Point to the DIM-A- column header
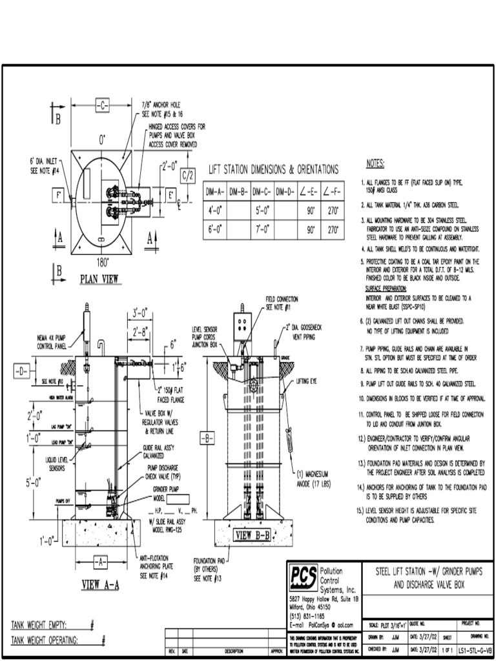tap(215, 192)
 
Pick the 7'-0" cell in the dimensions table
tap(263, 230)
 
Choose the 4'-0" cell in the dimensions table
tap(215, 211)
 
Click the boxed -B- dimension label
tap(208, 439)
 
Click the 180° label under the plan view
tap(101, 263)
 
